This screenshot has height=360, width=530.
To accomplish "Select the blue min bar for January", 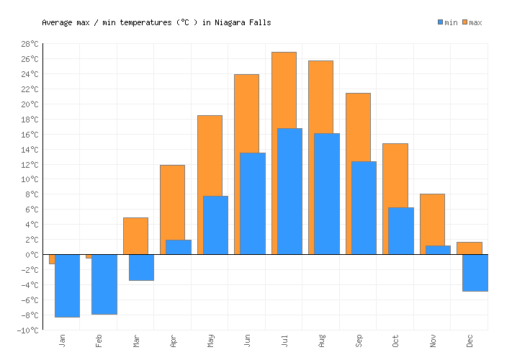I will pos(67,285).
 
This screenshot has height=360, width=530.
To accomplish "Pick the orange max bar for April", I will pos(172,202).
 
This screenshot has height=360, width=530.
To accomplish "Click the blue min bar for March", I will pos(141,267).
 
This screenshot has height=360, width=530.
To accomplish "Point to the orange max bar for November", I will pos(432,219).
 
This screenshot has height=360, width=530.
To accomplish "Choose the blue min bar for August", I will pos(327,194).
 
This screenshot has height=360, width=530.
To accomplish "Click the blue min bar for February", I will pos(104,284).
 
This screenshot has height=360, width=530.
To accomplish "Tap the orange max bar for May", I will pos(210,155).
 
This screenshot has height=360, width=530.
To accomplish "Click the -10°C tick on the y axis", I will pos(29,330).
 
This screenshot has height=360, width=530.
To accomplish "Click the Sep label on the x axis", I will pos(359,339).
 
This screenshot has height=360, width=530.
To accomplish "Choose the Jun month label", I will pos(248,339).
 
